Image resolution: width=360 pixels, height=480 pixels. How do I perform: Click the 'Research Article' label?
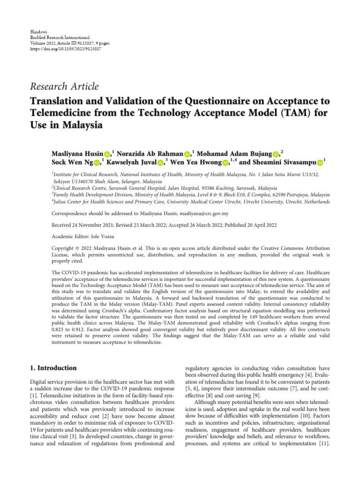[64, 86]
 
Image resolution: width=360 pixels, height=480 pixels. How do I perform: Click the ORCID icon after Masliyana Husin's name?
[107, 154]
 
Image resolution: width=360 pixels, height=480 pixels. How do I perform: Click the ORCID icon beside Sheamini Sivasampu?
[320, 163]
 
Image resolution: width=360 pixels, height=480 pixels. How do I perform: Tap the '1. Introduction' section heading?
[53, 368]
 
